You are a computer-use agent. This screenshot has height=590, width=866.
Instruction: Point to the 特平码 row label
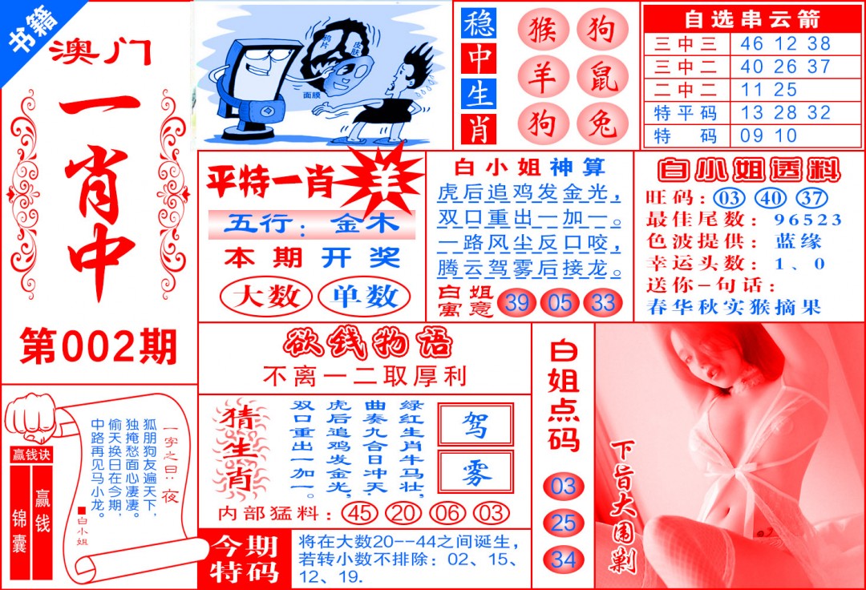pos(686,113)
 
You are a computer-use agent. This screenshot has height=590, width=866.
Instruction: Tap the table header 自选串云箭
pos(751,18)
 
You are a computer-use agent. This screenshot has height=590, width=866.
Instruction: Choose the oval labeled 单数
pos(364,297)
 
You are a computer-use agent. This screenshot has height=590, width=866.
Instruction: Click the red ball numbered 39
pos(516,303)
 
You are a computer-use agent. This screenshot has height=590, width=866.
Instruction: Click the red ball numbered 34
pos(563,559)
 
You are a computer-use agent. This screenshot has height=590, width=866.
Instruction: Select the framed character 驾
pos(475,425)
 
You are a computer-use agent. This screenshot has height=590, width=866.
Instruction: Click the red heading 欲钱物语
pos(366,344)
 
